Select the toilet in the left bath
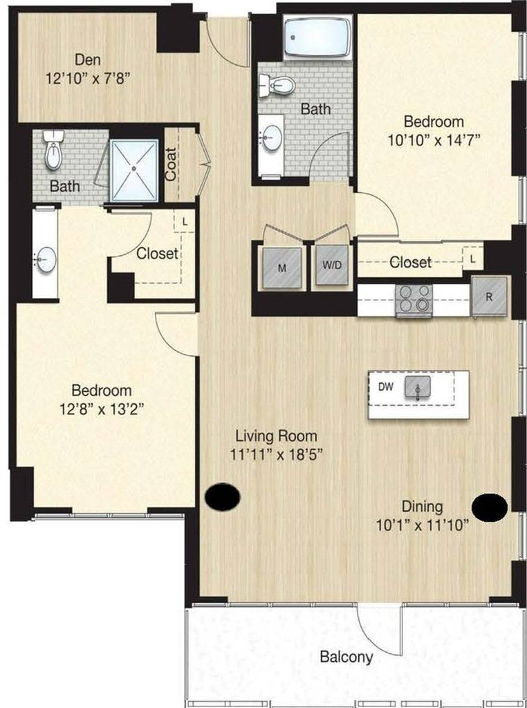pos(53,152)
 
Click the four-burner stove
pos(414,300)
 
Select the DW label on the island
pos(386,387)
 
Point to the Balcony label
pos(346,657)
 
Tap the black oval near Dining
pos(490,507)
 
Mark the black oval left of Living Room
pos(223,496)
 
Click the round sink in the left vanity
pos(46,260)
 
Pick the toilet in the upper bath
pos(277,86)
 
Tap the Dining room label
pos(425,506)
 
